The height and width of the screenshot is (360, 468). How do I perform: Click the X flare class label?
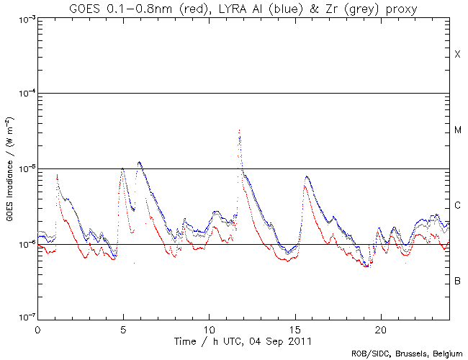[457, 55]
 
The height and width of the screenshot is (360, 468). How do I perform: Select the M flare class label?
[457, 130]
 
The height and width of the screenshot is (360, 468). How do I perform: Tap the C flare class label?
[457, 206]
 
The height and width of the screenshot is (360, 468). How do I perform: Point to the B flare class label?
[457, 280]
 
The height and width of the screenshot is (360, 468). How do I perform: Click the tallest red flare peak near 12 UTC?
[239, 130]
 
